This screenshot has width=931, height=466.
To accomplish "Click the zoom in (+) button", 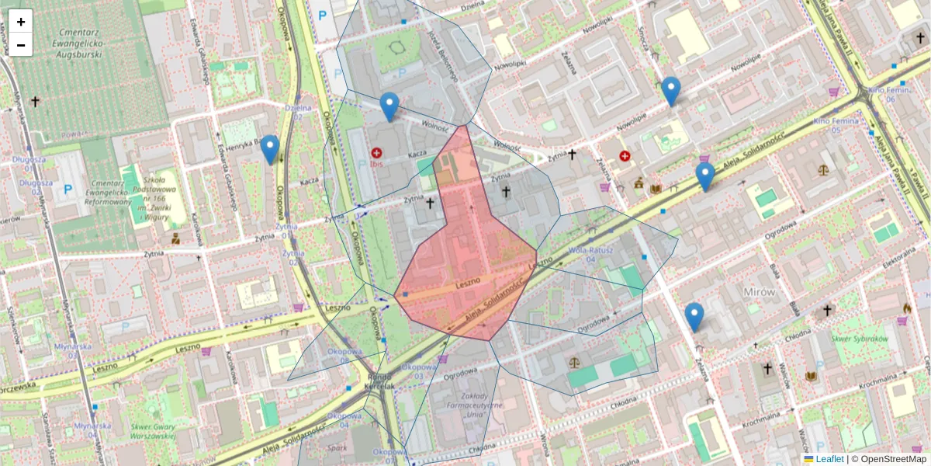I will point(21,22).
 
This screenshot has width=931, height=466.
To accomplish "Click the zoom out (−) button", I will point(21,45).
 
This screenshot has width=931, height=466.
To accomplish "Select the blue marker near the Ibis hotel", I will point(389,107).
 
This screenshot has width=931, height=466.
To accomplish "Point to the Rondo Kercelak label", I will point(381,381).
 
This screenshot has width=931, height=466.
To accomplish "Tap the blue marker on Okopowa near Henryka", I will point(270,150).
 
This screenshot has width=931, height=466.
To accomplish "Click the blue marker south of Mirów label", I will point(694,317).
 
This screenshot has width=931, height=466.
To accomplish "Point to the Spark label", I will point(337,448).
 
